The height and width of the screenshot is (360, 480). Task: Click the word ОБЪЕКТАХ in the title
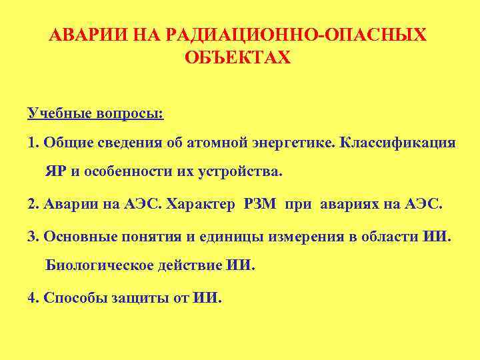(x=238, y=59)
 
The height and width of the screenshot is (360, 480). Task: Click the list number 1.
(x=32, y=143)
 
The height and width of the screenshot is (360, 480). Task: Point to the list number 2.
(x=32, y=203)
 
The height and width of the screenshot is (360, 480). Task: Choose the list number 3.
(x=32, y=237)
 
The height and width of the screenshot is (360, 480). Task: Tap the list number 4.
(x=32, y=297)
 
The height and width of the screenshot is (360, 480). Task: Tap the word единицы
(x=233, y=237)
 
